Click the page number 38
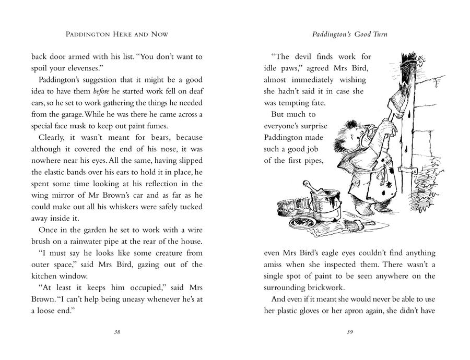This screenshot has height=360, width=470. click(x=117, y=332)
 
